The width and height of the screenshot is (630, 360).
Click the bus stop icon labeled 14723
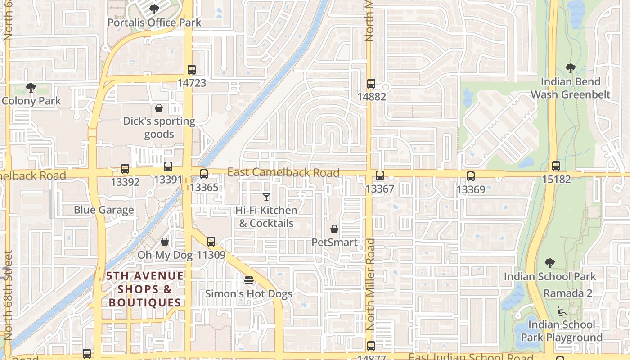pyautogui.click(x=192, y=70)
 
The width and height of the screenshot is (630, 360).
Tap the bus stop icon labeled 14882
pyautogui.click(x=371, y=84)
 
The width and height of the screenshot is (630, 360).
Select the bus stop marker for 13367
pyautogui.click(x=380, y=175)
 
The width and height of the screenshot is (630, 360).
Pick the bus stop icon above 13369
pyautogui.click(x=471, y=176)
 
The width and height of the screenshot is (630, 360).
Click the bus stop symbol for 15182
pyautogui.click(x=556, y=166)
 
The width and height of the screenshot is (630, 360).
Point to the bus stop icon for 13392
pyautogui.click(x=125, y=169)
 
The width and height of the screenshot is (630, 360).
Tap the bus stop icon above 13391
pyautogui.click(x=168, y=166)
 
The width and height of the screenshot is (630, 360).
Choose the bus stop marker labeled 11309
pyautogui.click(x=211, y=242)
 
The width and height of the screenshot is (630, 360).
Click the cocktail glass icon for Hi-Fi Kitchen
pyautogui.click(x=266, y=197)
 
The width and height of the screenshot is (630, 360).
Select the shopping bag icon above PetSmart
pyautogui.click(x=334, y=229)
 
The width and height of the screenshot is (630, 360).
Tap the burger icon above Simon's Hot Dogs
pyautogui.click(x=249, y=281)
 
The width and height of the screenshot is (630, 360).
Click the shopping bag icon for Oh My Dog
pyautogui.click(x=165, y=242)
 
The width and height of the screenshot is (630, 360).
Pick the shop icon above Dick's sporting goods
pyautogui.click(x=159, y=108)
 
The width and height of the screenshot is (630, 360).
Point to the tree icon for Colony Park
pyautogui.click(x=31, y=87)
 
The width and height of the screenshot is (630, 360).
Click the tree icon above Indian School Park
pyautogui.click(x=549, y=263)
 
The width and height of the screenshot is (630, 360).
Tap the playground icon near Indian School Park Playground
pyautogui.click(x=561, y=311)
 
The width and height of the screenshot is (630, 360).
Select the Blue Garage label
pyautogui.click(x=104, y=210)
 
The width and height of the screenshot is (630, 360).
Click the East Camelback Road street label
pyautogui.click(x=283, y=172)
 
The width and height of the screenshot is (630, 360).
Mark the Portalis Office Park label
pyautogui.click(x=154, y=22)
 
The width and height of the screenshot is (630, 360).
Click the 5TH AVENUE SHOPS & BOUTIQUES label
pyautogui.click(x=145, y=289)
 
